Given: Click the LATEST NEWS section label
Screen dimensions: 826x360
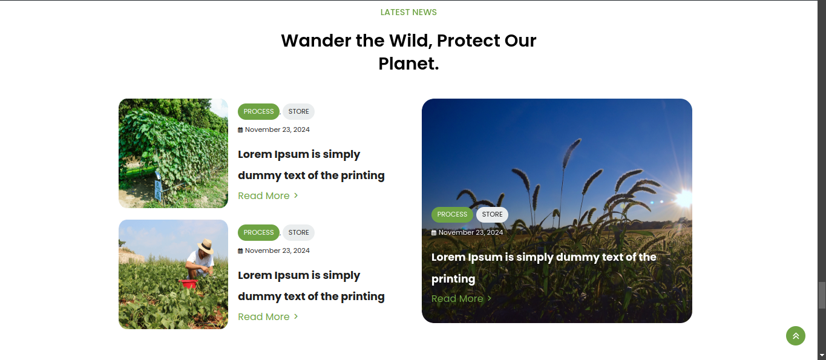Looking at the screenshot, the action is (x=408, y=12).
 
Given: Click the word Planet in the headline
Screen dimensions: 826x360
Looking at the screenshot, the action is (x=406, y=64).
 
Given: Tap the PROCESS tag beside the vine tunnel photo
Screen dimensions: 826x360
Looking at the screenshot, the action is (x=258, y=111).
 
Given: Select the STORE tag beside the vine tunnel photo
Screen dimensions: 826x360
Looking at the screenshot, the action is (x=299, y=111).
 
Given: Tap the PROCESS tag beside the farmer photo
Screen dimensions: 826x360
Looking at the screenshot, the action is (x=258, y=232).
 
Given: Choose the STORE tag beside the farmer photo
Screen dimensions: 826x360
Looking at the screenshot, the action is (x=299, y=232).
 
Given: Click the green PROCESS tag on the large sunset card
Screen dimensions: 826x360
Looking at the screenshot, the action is (x=452, y=214).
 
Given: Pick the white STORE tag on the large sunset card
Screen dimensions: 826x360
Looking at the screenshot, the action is (x=493, y=214).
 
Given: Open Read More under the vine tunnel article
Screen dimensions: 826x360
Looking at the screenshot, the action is (x=267, y=196).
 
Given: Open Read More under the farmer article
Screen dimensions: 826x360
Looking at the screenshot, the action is (x=267, y=317).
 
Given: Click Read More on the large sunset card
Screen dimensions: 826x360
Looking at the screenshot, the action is (x=461, y=299).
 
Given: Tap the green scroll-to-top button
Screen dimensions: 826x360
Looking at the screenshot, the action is (x=795, y=336).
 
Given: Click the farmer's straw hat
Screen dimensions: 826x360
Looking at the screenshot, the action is (x=206, y=246).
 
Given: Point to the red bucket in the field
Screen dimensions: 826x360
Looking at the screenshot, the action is (x=188, y=284).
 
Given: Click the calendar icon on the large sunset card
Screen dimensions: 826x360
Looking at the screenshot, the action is (x=434, y=233).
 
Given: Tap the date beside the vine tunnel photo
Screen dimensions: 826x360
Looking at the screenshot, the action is (x=277, y=130).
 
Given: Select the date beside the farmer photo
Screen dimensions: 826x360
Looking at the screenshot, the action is (x=277, y=251).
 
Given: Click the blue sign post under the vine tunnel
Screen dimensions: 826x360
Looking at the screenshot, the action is (x=158, y=189).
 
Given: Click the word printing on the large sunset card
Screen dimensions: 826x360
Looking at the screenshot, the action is (x=453, y=279).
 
